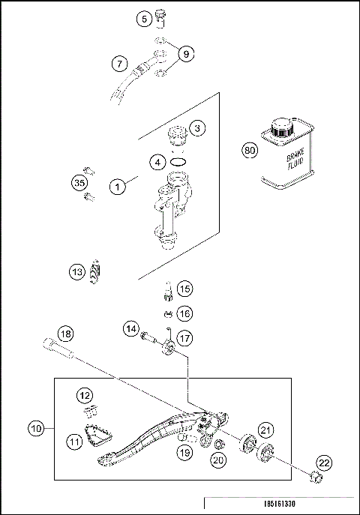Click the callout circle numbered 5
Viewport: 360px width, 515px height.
tap(145, 19)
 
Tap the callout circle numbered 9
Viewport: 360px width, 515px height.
tap(187, 54)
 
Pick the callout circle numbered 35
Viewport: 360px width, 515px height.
tap(79, 182)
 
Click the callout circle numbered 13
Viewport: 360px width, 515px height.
tap(77, 273)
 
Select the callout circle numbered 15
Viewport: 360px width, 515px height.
tap(184, 288)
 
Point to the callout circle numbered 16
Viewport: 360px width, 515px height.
tap(184, 313)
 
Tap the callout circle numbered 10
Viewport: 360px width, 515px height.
tap(36, 430)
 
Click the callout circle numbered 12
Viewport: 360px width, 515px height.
tap(85, 394)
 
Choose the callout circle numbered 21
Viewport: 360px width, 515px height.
tap(265, 430)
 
